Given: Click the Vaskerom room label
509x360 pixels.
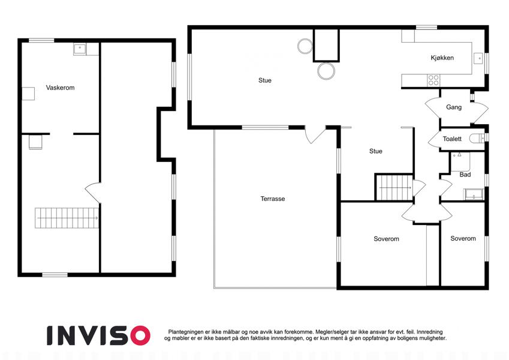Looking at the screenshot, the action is (x=60, y=88).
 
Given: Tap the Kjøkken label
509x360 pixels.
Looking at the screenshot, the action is (x=442, y=58).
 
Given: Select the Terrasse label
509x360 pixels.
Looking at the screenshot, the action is (x=273, y=199).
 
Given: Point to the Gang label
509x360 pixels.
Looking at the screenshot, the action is (x=454, y=107).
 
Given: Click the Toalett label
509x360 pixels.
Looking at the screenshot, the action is (x=452, y=139).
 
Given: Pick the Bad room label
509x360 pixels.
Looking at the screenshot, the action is (x=465, y=175).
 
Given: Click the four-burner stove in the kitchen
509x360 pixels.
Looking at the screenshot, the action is (x=433, y=80).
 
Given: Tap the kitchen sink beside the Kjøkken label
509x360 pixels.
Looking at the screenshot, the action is (x=479, y=58).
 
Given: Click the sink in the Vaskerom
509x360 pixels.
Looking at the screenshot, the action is (x=80, y=49).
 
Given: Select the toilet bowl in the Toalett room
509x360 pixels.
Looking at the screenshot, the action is (x=477, y=139).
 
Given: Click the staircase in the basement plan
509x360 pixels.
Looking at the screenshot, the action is (x=67, y=218).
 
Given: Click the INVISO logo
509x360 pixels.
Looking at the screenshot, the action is (x=99, y=335).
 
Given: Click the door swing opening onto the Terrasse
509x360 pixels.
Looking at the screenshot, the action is (x=314, y=134).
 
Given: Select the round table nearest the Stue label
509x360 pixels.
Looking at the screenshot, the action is (x=305, y=46).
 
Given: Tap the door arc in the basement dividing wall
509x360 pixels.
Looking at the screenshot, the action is (x=92, y=193).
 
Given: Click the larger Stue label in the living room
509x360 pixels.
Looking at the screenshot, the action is (x=265, y=80).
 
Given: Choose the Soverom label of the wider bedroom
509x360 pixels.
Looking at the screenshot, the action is (x=386, y=239).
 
